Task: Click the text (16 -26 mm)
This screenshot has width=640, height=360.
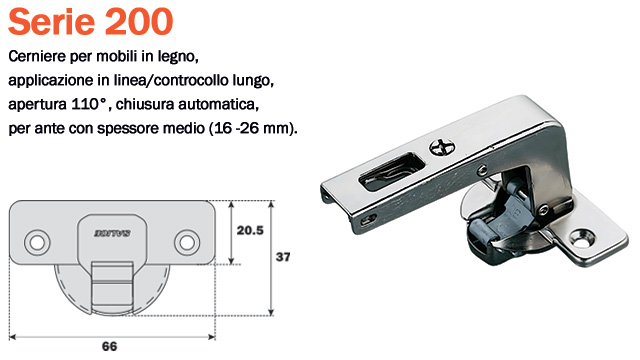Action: [x=255, y=130]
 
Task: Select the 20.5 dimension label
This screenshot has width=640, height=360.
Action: [x=249, y=229]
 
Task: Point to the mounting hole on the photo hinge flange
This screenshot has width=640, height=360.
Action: [x=582, y=238]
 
